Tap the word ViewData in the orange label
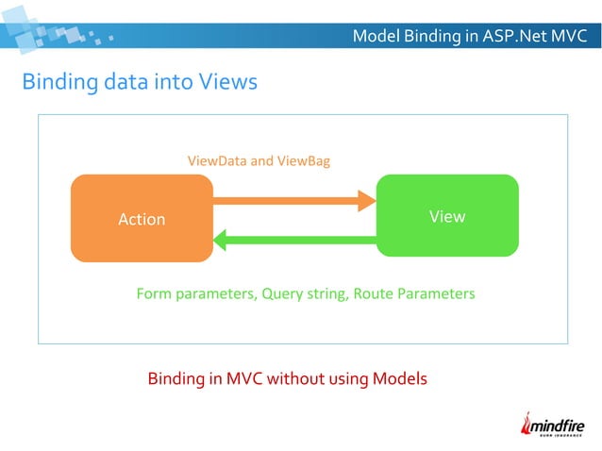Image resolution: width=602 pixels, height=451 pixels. (216, 161)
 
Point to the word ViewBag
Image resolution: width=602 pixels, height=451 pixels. (304, 161)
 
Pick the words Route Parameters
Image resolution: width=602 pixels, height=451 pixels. (415, 293)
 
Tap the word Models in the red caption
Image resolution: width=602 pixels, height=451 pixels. (400, 379)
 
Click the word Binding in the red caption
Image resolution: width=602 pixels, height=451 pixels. (176, 379)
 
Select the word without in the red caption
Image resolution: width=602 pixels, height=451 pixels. (295, 379)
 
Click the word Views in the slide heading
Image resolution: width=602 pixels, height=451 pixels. (227, 82)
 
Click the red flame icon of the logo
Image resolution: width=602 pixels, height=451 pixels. (529, 425)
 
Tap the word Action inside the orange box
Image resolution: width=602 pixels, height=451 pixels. (142, 219)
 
